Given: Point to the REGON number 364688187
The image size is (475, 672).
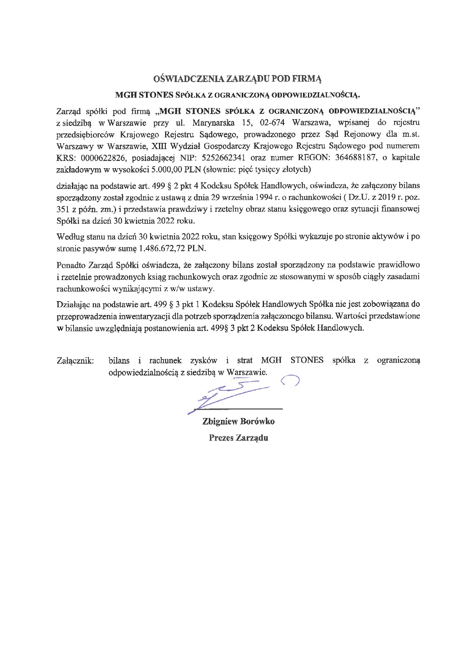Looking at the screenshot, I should pyautogui.click(x=359, y=157).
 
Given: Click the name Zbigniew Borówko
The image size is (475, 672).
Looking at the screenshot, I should pyautogui.click(x=238, y=422).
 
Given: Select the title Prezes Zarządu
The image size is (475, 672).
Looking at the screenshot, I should pyautogui.click(x=238, y=438).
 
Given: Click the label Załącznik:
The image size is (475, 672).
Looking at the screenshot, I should pyautogui.click(x=75, y=361).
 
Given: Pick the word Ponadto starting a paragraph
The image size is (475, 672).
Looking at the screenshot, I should pyautogui.click(x=71, y=265).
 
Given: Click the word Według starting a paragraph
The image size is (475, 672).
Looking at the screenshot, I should pyautogui.click(x=69, y=236).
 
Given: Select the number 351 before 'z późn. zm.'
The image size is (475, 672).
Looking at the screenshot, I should pyautogui.click(x=63, y=209).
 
